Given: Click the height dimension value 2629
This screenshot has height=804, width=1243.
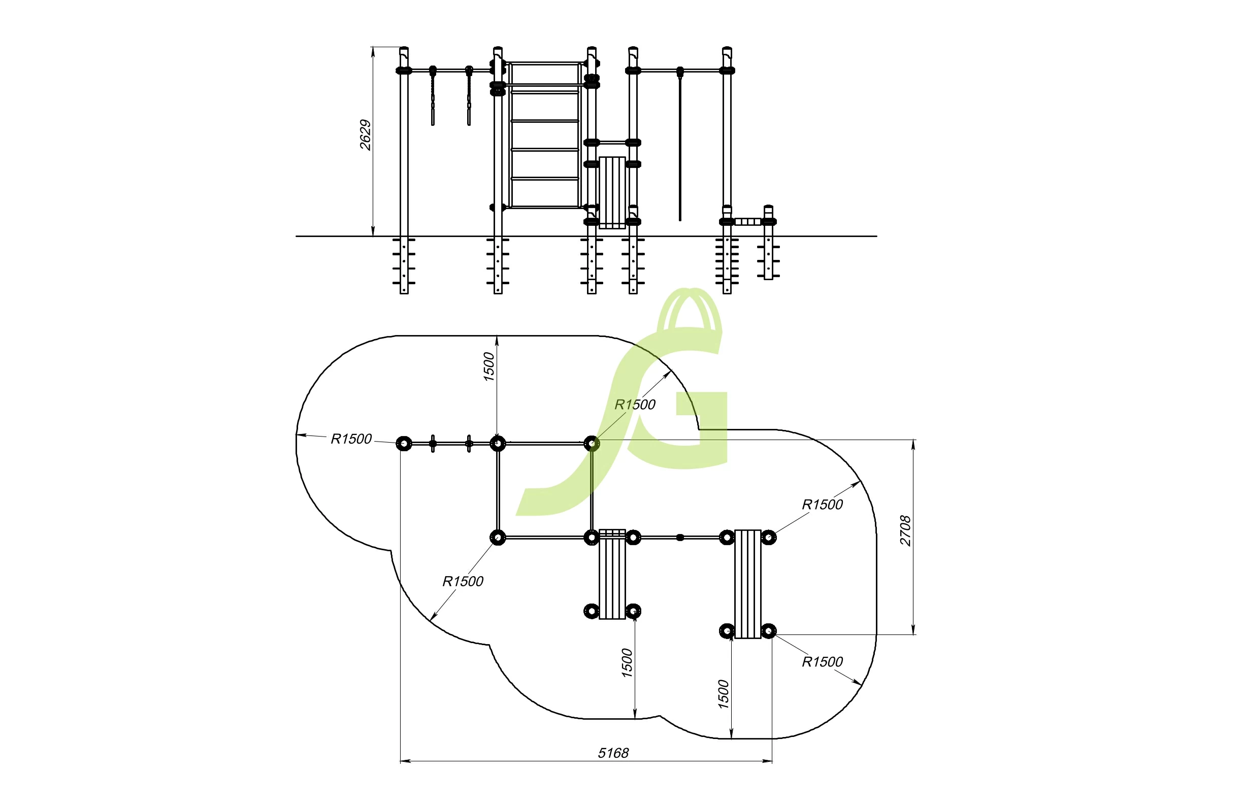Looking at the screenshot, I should (x=365, y=135).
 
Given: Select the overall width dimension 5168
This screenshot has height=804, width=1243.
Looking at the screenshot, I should (x=613, y=753).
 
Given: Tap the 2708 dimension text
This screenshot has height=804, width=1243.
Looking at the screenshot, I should (x=905, y=530).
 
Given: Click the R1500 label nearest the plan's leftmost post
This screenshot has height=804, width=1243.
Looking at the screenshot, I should (x=351, y=439).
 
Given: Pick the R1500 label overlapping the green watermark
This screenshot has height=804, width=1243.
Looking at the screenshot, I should (x=635, y=405).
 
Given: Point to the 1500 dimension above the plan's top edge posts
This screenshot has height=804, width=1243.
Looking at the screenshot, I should (x=488, y=366).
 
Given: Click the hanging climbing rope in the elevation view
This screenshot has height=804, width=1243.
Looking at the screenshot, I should (x=680, y=151).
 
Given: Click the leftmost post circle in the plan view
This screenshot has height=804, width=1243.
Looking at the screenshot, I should (x=404, y=444).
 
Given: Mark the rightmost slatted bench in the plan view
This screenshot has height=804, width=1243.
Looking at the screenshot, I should (x=747, y=584).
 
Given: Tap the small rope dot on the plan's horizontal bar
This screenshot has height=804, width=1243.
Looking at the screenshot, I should (x=680, y=537).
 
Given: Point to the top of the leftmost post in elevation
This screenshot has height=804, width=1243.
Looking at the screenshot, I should (x=404, y=50).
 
